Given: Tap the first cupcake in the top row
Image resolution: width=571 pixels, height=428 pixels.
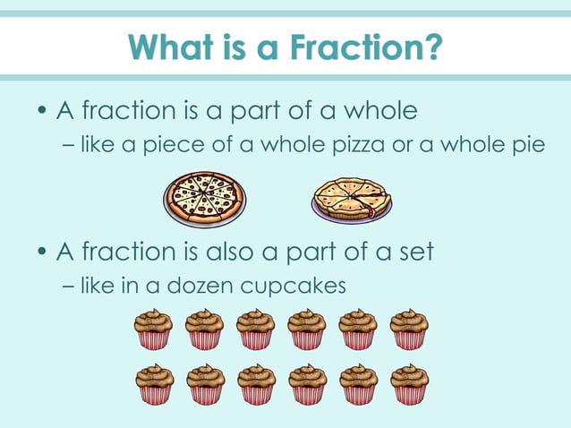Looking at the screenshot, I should pyautogui.click(x=153, y=329).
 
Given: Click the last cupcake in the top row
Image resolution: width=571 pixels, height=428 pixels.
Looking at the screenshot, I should pyautogui.click(x=409, y=329).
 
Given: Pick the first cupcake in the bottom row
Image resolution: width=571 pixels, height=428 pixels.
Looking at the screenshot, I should pyautogui.click(x=154, y=383).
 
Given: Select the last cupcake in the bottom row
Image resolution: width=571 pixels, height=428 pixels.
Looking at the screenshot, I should pyautogui.click(x=409, y=383).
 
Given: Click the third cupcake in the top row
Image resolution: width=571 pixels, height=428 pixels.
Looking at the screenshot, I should pyautogui.click(x=256, y=329).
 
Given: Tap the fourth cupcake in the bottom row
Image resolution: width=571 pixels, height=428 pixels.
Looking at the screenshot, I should pyautogui.click(x=307, y=383).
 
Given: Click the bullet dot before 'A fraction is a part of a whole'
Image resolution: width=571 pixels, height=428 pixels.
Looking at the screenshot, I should pyautogui.click(x=42, y=113).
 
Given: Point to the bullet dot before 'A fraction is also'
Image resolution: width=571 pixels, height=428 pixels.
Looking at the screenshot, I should pyautogui.click(x=42, y=253).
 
